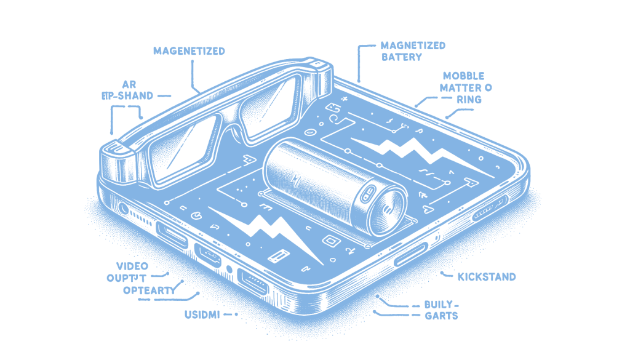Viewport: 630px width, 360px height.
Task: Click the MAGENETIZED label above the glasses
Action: click(x=189, y=51)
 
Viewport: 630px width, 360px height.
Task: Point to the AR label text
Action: click(x=128, y=83)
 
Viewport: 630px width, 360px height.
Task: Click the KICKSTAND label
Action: click(x=486, y=277)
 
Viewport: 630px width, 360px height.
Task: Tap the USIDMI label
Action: click(x=202, y=314)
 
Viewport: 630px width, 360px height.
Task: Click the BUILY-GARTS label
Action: click(x=441, y=310)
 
